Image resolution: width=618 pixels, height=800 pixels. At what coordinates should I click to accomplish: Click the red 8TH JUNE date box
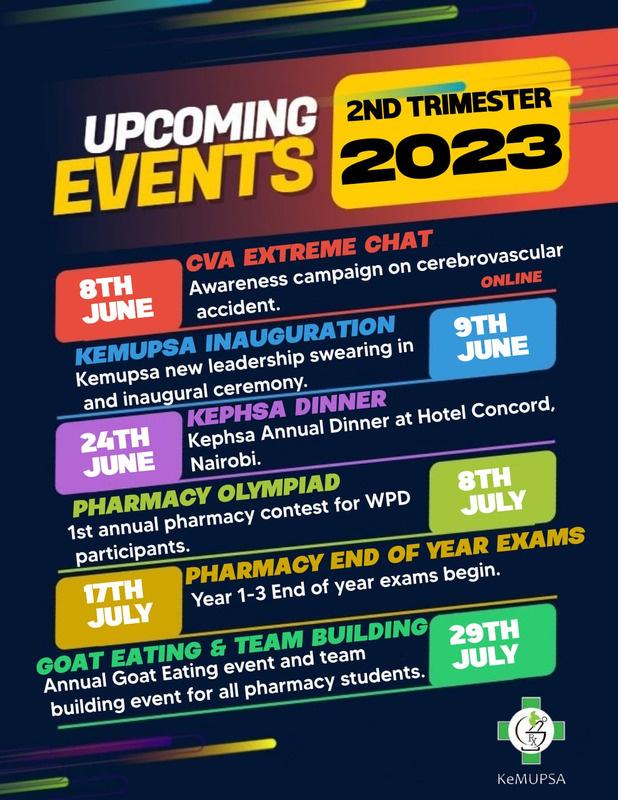point(118,300)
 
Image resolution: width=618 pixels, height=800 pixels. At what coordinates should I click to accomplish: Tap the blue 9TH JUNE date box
point(492,338)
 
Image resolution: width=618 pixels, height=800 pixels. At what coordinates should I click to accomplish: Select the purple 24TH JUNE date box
point(118,453)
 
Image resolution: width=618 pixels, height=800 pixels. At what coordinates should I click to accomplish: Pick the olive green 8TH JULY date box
point(492,492)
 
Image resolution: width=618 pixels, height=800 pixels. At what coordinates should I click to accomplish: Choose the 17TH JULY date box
point(118,606)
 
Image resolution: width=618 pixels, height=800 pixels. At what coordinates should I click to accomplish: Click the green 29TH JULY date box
point(492,645)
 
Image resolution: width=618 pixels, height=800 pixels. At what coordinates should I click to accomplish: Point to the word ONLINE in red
point(511,280)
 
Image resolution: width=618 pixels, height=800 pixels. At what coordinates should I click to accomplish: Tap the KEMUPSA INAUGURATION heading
point(235,340)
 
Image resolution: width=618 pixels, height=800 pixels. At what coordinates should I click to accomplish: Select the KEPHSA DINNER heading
point(287,408)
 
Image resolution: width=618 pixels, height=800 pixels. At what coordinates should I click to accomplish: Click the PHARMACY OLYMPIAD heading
point(206,495)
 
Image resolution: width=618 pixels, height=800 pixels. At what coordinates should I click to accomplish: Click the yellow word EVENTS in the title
point(184,175)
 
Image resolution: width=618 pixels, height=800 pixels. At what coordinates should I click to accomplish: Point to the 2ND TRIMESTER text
point(449,104)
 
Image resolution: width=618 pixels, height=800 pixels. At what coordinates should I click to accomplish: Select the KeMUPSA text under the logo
point(531,779)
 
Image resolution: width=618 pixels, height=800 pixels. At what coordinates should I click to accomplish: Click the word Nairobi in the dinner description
point(225,462)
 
